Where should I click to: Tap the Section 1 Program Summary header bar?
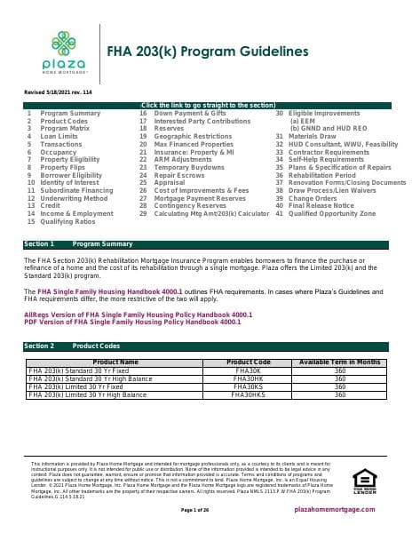coord(206,243)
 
